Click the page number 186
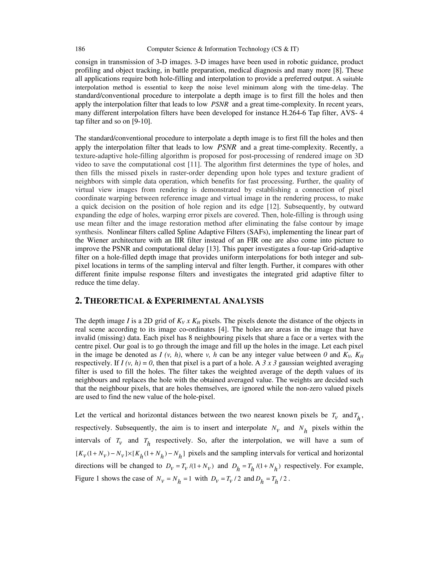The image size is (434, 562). tap(80, 49)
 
